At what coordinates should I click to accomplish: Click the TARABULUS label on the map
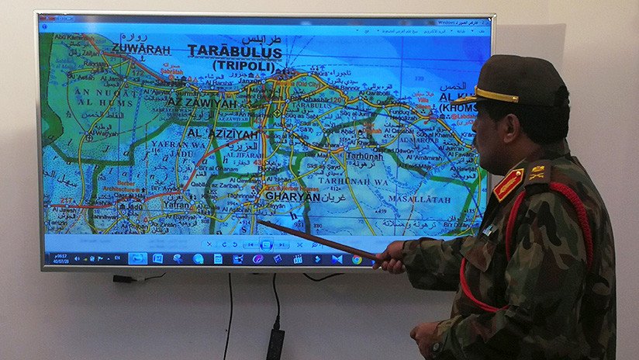[x=235, y=52]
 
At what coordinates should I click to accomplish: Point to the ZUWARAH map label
[x=140, y=47]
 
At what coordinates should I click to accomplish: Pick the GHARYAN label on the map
[x=293, y=197]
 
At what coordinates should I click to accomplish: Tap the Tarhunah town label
[x=364, y=155]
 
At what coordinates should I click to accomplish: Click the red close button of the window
[x=485, y=22]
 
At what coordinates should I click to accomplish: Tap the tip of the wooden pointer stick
[x=260, y=223]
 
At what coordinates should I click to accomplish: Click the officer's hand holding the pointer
[x=389, y=257]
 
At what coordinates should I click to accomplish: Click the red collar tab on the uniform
[x=508, y=185]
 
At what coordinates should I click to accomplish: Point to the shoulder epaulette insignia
[x=537, y=173]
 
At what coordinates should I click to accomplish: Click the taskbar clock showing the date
[x=60, y=258]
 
